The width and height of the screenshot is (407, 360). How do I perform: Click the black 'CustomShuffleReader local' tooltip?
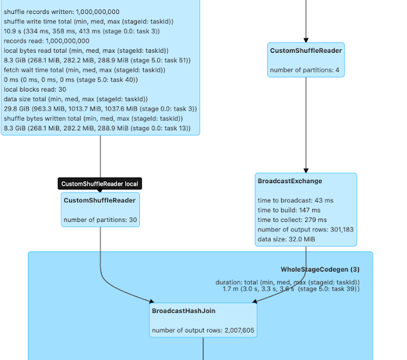pos(100,184)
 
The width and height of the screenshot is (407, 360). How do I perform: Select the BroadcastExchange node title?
pos(289,181)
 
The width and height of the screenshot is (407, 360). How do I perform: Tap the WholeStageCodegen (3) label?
pos(320,270)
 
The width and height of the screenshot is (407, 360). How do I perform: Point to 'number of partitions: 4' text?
pos(305,70)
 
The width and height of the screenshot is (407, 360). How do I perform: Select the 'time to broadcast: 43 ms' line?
pos(295,200)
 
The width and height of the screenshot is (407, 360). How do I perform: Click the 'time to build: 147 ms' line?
pos(289,210)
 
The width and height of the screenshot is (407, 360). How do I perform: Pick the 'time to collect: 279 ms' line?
pos(292,219)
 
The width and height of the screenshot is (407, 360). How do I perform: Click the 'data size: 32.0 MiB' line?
pos(286,239)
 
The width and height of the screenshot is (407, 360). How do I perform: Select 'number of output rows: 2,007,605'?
pos(203,331)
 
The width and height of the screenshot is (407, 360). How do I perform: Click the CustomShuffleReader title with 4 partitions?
pos(306,51)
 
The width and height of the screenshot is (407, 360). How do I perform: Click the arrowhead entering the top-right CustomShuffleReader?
pos(306,38)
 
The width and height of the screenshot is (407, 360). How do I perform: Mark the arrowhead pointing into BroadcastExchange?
pos(306,169)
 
